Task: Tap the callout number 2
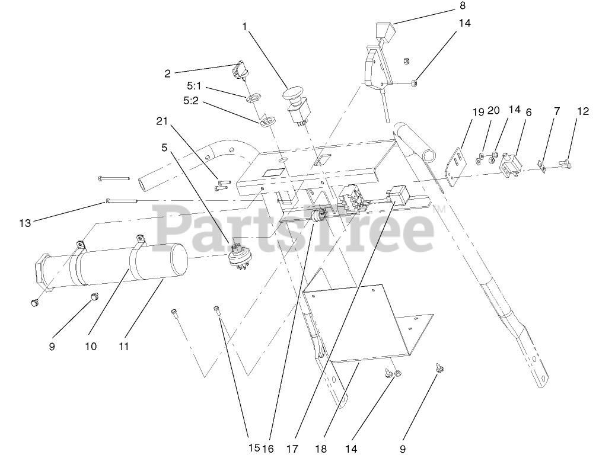pyautogui.click(x=168, y=73)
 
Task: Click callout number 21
pyautogui.click(x=162, y=121)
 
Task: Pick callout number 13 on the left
pyautogui.click(x=24, y=223)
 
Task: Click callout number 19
pyautogui.click(x=478, y=111)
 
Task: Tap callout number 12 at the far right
pyautogui.click(x=583, y=111)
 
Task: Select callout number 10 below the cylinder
pyautogui.click(x=90, y=346)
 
